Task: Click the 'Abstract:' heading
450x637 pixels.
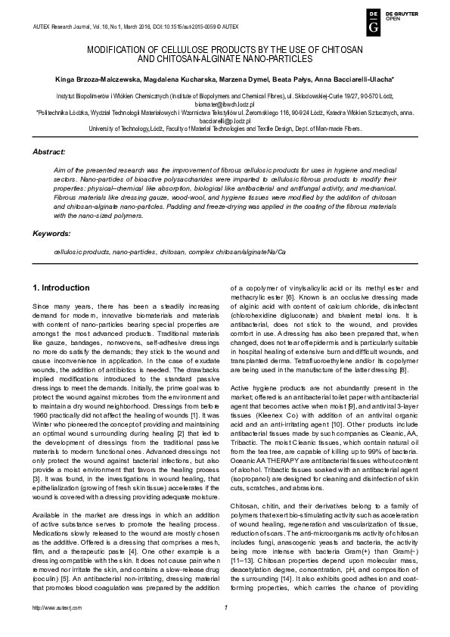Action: (48, 152)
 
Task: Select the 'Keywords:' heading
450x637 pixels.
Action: (50, 234)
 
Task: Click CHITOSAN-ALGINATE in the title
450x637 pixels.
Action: (199, 57)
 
